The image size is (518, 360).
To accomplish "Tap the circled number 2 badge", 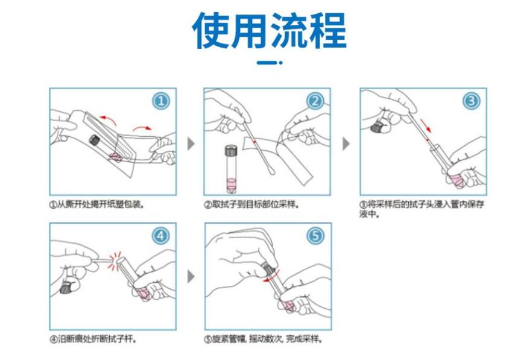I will [315, 101].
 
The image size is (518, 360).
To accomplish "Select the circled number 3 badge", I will [472, 101].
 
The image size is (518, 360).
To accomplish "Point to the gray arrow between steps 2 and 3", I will [346, 144].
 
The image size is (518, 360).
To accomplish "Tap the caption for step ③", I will [422, 209].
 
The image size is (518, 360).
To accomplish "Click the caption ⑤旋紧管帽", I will [263, 339].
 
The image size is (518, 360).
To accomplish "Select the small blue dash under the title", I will [267, 62].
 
